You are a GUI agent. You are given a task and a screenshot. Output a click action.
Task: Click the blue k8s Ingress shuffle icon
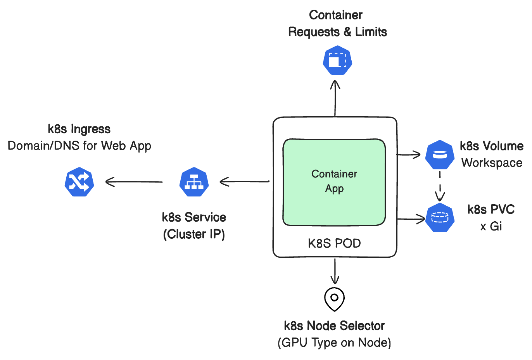[79, 182]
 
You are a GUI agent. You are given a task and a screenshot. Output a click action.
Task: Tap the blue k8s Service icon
[194, 182]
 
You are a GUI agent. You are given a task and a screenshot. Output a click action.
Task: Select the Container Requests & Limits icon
[337, 60]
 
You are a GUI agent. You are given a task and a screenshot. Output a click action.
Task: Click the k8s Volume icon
[440, 155]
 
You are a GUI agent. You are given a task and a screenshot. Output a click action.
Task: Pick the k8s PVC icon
[440, 217]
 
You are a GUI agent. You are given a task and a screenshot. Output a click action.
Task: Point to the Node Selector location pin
[334, 299]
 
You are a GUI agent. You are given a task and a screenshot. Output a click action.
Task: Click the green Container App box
[334, 182]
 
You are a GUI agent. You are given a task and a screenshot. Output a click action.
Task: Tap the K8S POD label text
[334, 243]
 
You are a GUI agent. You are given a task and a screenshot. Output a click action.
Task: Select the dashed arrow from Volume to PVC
[440, 186]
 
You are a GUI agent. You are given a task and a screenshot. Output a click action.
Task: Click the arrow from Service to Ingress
[134, 182]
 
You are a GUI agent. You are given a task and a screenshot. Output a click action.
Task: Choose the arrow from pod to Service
[244, 181]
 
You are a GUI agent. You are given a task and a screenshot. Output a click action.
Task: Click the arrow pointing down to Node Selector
[335, 271]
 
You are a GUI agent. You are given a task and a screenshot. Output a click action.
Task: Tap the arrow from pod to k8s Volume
[409, 155]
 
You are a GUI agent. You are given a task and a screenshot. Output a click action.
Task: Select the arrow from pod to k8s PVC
[410, 219]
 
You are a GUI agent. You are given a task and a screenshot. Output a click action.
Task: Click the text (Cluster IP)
[194, 234]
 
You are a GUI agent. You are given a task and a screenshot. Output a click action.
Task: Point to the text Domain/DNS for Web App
[79, 146]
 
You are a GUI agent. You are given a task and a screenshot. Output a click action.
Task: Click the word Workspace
[492, 163]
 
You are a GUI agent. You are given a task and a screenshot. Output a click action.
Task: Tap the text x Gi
[491, 226]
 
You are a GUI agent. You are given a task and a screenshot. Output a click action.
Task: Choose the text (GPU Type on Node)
[334, 343]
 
